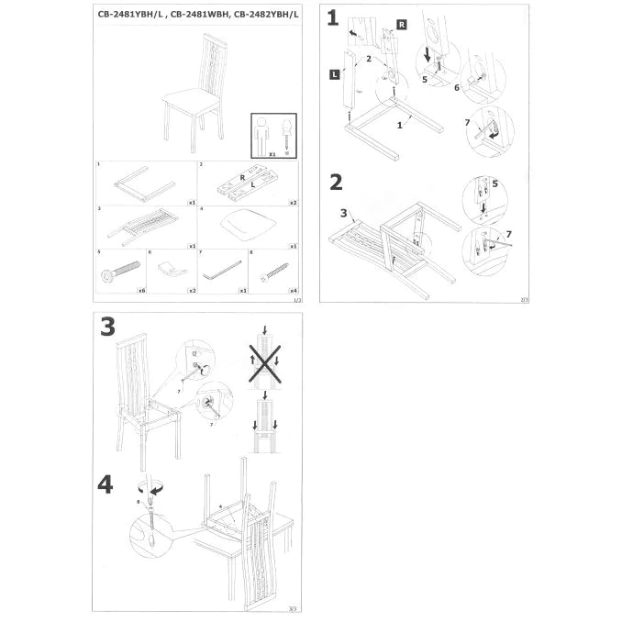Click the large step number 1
(332, 17)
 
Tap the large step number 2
(336, 182)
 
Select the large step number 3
(107, 328)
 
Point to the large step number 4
(106, 483)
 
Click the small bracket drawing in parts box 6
(169, 268)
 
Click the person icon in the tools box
(261, 134)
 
